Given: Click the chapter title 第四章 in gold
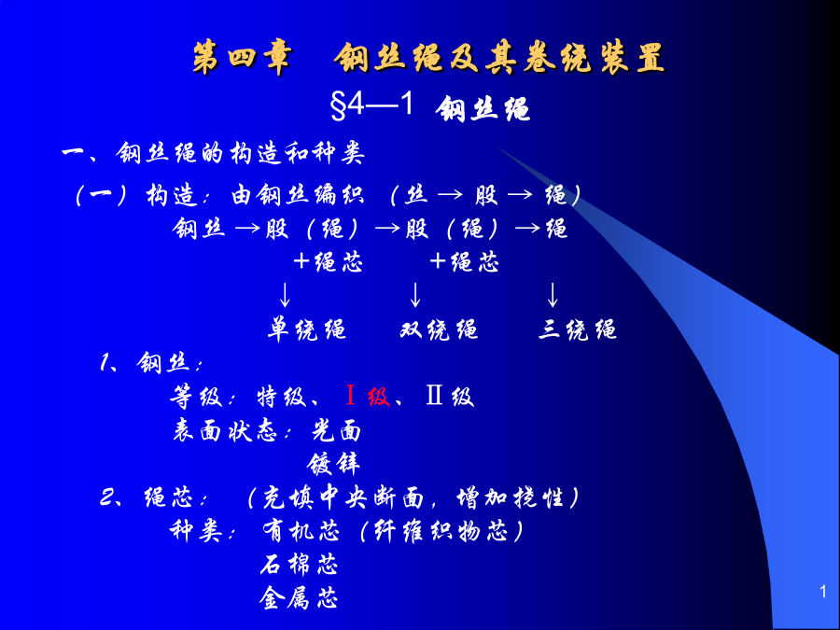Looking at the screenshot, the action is click(243, 58).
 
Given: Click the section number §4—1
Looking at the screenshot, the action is click(372, 105).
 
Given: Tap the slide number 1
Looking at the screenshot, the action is click(823, 592).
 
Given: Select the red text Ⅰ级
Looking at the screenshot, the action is click(368, 397).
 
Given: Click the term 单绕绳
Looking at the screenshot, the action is click(307, 329).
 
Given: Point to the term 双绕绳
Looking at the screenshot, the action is click(439, 329).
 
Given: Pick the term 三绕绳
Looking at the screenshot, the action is click(578, 329).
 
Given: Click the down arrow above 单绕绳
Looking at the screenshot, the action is click(285, 294).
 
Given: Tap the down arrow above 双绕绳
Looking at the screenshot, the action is click(415, 294).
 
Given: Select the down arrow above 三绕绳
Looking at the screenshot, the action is click(553, 294).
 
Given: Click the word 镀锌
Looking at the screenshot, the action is click(333, 464).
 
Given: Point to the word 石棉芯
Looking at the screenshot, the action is click(300, 565).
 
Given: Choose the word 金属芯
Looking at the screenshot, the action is click(300, 598).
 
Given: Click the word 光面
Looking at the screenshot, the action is click(336, 430).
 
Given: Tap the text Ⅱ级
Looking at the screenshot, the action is click(450, 397).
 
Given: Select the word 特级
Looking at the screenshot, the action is click(282, 397).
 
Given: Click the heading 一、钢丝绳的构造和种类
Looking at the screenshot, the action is click(213, 153).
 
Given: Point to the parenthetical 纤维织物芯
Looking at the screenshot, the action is click(441, 531).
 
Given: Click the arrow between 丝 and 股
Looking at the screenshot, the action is click(450, 196).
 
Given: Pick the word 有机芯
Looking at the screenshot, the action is click(301, 531).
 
